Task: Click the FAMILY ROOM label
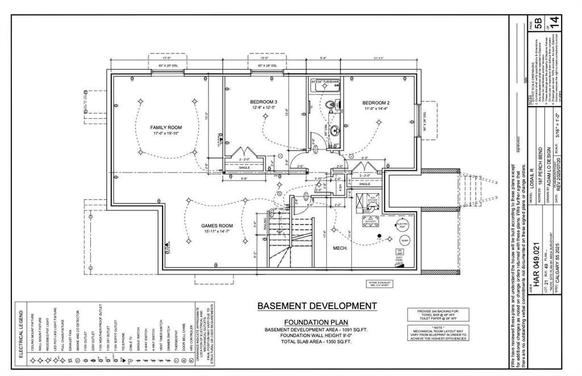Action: (x=166, y=128)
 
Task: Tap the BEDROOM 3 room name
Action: (x=263, y=102)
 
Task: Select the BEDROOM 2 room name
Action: (x=376, y=103)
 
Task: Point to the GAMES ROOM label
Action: (x=217, y=225)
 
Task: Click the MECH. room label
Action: (x=340, y=248)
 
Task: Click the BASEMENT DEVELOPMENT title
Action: (x=317, y=306)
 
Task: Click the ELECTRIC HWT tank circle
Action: (x=402, y=224)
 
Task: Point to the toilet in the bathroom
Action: (x=330, y=105)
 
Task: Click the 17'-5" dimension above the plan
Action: (x=167, y=58)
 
